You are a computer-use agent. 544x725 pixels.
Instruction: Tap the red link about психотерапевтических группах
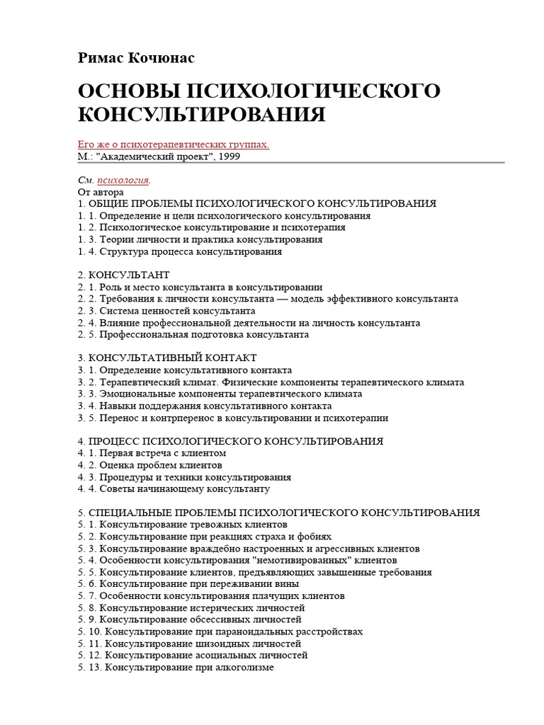(173, 144)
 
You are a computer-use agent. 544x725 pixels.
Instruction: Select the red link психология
(123, 180)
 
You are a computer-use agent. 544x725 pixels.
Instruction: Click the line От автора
(101, 192)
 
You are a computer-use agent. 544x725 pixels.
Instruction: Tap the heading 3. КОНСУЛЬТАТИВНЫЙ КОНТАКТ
(167, 358)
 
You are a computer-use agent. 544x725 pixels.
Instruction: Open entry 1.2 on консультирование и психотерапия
(212, 227)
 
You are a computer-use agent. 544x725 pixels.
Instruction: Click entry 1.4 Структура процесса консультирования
(180, 251)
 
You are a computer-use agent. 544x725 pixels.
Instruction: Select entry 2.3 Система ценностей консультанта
(166, 310)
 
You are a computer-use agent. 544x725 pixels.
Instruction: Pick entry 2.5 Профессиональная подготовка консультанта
(193, 334)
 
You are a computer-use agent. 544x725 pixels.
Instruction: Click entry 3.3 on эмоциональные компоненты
(220, 394)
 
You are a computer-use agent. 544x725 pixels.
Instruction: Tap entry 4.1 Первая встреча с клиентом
(152, 452)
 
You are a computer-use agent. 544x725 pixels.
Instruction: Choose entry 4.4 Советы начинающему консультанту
(174, 489)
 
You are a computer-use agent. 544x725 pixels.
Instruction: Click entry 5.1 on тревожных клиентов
(183, 525)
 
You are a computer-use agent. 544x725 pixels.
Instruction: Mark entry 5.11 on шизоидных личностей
(190, 644)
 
